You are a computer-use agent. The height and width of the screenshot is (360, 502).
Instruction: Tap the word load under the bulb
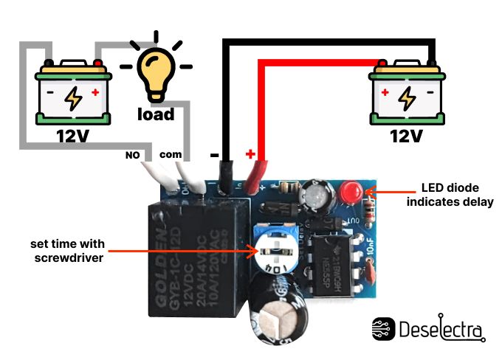[156, 114]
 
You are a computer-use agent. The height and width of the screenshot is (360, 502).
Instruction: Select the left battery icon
[74, 92]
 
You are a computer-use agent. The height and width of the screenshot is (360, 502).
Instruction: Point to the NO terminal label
[132, 156]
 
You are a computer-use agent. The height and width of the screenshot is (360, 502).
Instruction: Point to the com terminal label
[170, 156]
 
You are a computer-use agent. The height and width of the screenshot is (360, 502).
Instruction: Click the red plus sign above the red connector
[250, 155]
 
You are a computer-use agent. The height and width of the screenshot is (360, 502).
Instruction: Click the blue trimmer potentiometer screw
[274, 250]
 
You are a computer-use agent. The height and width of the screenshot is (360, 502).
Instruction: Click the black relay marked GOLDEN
[192, 255]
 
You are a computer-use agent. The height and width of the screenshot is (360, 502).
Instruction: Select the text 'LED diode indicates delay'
[450, 194]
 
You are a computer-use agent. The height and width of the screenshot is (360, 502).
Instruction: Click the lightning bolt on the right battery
[406, 97]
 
